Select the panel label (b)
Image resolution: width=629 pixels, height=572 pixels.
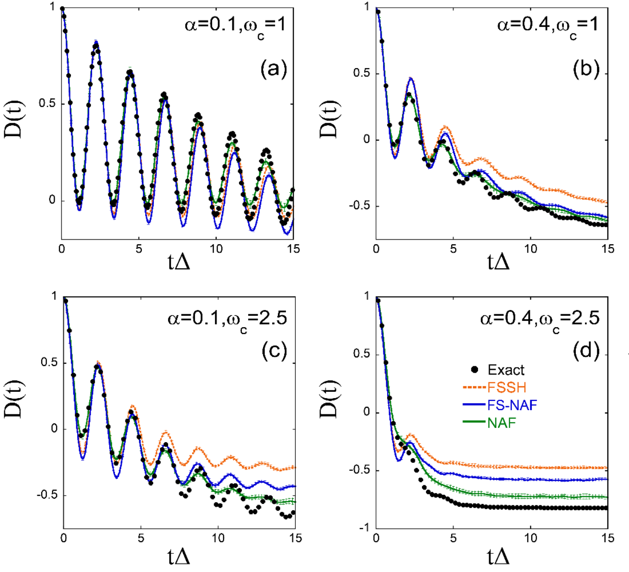click(x=586, y=70)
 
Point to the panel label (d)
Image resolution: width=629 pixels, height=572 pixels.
click(x=586, y=351)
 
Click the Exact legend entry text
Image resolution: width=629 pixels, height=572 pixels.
click(x=506, y=370)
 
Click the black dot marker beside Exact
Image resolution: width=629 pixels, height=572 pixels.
click(x=475, y=369)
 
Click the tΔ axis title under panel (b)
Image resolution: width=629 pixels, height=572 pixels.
click(x=498, y=263)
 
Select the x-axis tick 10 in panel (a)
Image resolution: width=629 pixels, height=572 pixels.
click(x=216, y=249)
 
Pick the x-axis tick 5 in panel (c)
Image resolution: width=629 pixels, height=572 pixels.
click(x=141, y=538)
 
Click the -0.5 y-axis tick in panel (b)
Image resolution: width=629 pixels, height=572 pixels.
click(x=362, y=206)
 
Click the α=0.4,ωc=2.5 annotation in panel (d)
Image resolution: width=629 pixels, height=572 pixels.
click(x=539, y=318)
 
